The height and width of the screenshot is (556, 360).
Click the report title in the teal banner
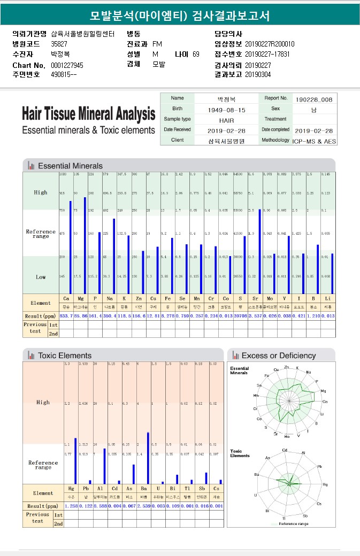tap(180, 16)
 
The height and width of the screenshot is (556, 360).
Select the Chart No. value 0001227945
tap(67, 65)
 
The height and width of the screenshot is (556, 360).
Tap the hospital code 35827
tap(59, 44)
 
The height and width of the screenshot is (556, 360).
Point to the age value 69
tap(196, 54)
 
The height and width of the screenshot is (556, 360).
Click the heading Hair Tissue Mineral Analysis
tap(88, 113)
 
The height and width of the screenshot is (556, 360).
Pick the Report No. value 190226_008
tap(313, 99)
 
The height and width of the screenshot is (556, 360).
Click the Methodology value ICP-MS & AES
tap(313, 141)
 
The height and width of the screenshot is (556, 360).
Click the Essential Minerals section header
tap(70, 166)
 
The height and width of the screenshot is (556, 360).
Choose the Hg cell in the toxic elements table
tap(71, 489)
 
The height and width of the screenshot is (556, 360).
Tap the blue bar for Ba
tap(148, 458)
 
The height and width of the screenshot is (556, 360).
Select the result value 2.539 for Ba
tap(143, 505)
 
